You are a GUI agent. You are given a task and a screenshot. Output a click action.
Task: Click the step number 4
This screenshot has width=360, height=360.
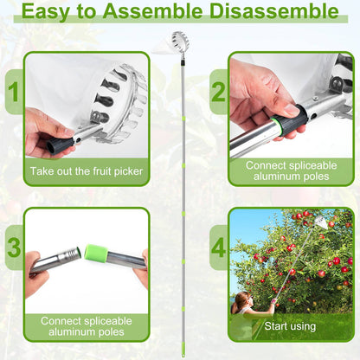point(218,247)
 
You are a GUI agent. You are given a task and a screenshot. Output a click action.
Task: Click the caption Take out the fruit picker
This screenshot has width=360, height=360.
point(86,171)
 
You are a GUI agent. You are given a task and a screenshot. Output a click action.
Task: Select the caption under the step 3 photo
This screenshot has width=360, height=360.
point(86,325)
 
